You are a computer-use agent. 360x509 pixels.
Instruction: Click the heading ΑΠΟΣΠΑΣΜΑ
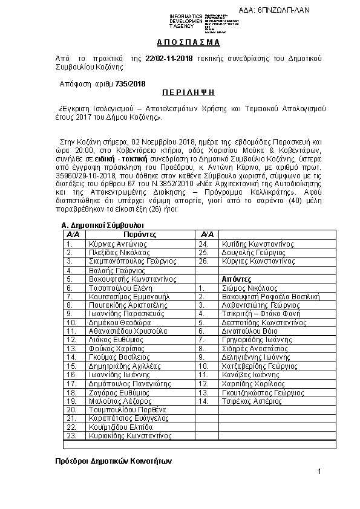pos(180,43)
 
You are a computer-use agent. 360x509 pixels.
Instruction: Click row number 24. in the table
pos(204,244)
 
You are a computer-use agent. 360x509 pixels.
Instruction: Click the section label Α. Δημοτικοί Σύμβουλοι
pos(102,225)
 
